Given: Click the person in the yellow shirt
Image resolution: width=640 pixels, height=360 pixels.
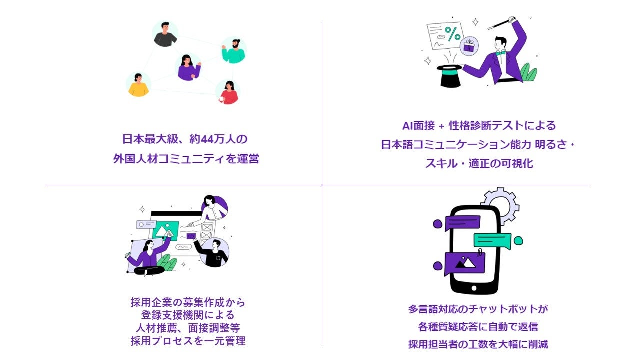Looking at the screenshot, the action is (138, 85).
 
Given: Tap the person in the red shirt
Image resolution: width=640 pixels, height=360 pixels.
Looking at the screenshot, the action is (228, 92).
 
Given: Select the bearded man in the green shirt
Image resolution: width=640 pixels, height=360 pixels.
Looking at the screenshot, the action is (233, 50).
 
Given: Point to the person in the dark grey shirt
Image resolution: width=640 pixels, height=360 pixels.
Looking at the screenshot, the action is (165, 34).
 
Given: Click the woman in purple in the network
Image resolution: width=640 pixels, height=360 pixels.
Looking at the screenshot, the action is (189, 68).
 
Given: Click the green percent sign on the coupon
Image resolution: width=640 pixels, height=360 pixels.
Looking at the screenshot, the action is (453, 34).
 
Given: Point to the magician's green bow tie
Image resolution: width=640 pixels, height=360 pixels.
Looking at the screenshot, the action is (500, 52).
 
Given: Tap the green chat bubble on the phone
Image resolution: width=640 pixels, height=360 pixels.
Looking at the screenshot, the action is (493, 240).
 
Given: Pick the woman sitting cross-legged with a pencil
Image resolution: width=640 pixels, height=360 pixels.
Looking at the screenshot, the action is (148, 258).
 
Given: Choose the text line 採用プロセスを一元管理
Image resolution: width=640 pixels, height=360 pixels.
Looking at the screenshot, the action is (188, 341).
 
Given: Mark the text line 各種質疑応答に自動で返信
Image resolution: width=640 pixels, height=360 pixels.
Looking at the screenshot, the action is (478, 327).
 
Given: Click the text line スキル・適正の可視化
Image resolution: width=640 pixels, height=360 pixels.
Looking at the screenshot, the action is (479, 163).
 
